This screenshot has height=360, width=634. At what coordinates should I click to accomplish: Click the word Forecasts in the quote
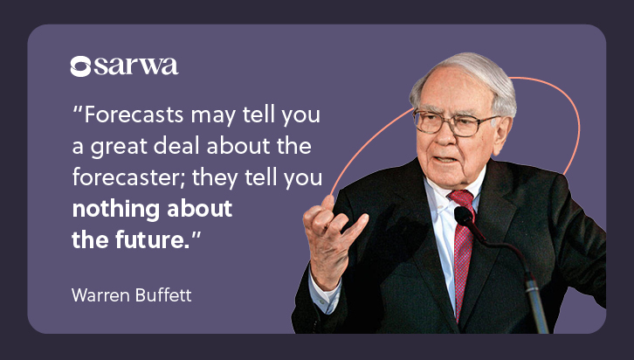coord(134,114)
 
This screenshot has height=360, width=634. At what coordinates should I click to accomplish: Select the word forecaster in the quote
coord(128,177)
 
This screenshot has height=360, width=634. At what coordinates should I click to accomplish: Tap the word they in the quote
coord(215,178)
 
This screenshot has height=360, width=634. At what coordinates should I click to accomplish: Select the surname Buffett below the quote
coord(163,294)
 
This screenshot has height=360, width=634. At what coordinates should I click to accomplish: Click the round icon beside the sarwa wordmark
coord(80,66)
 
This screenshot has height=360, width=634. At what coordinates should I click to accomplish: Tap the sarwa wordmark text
coord(136,66)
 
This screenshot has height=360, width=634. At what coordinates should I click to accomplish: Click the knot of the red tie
coord(461,199)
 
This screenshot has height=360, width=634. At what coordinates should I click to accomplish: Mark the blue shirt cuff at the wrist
coord(325,290)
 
